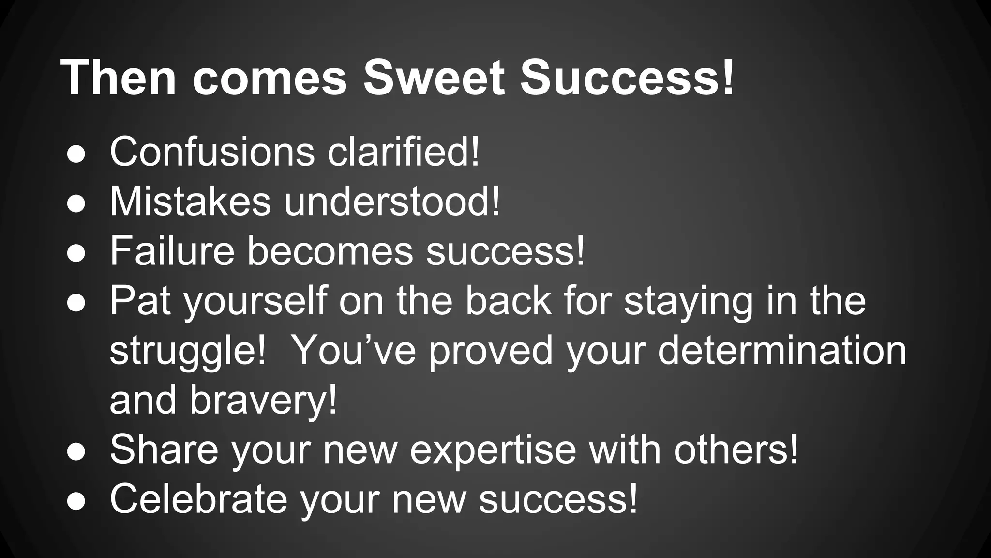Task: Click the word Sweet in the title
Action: coord(434,77)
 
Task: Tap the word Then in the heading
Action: coord(118,77)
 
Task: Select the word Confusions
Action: coord(212,152)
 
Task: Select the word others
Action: coord(736,449)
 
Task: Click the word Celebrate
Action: coord(198,499)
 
